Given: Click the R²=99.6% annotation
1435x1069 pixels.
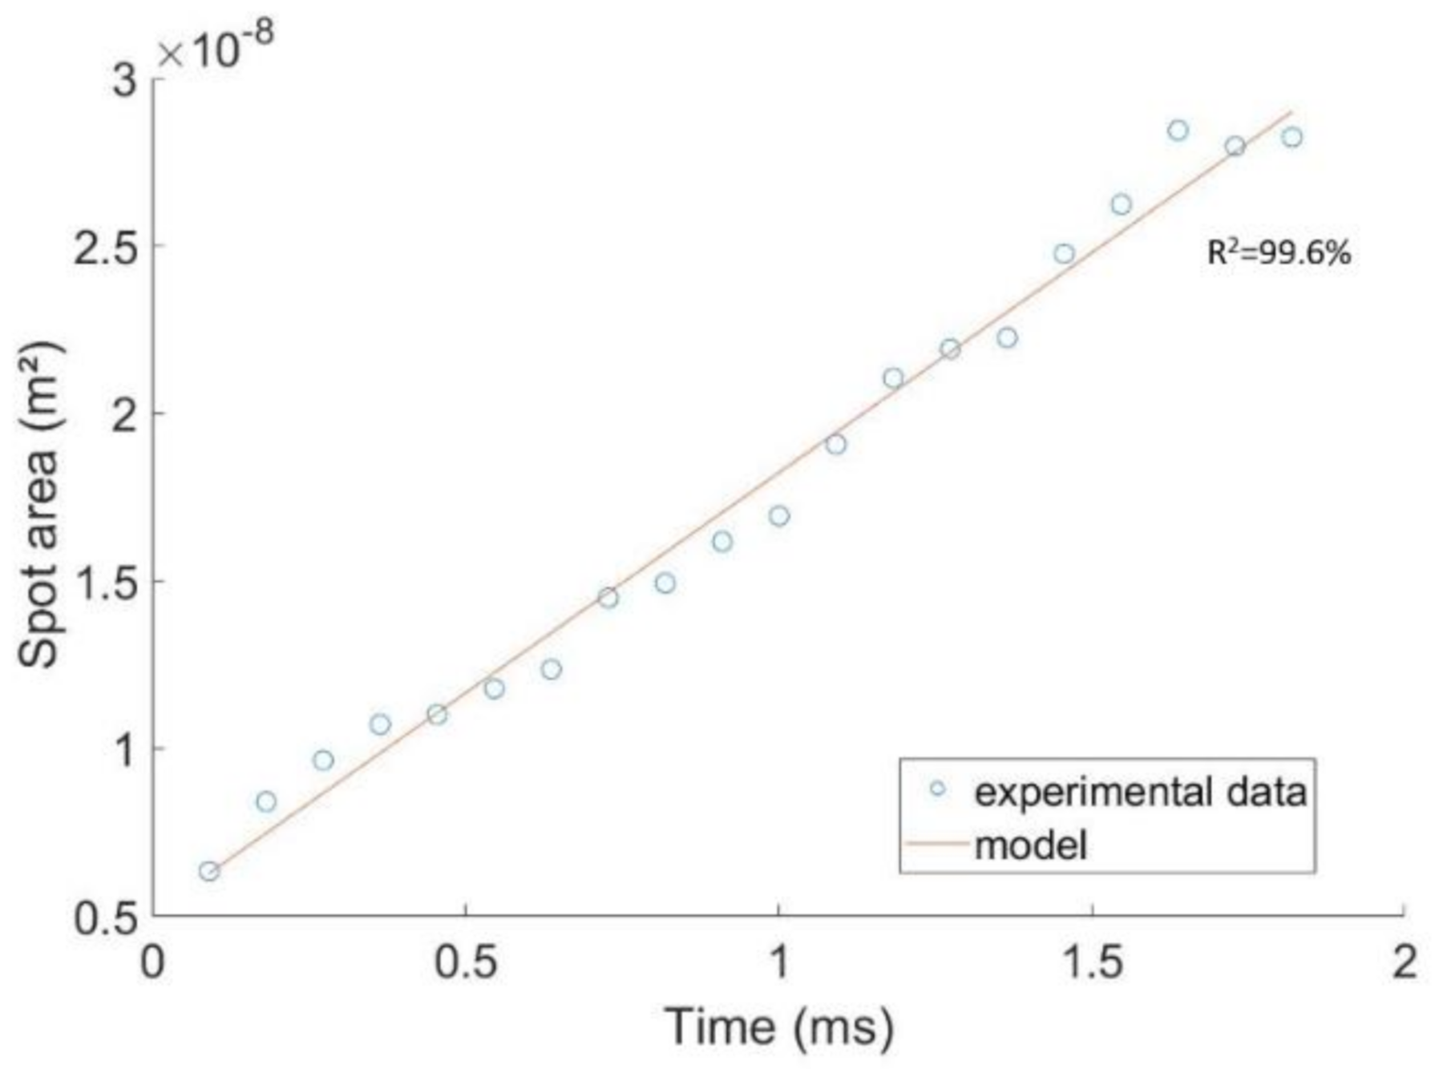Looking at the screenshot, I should (x=1279, y=253).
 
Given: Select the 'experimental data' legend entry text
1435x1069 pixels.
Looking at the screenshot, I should (x=1140, y=792).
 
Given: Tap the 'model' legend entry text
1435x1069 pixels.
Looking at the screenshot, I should (x=1031, y=845).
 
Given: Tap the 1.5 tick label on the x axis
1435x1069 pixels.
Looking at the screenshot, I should (x=1092, y=962).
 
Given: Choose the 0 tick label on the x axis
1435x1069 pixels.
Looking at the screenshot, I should (x=152, y=962).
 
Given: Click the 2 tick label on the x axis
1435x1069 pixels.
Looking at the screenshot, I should (x=1403, y=962).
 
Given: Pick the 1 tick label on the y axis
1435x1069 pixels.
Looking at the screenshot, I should (x=125, y=749).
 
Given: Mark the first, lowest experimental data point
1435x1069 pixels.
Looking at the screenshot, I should (x=209, y=871).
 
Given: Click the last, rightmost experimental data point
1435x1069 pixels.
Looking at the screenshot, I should (x=1291, y=137).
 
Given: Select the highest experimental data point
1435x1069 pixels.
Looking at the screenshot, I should (x=1178, y=130).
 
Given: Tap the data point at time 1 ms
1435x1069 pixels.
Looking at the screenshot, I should (x=779, y=516).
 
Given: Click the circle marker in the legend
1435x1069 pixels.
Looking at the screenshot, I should (x=937, y=789).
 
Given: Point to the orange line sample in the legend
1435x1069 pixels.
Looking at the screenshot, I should (x=934, y=845).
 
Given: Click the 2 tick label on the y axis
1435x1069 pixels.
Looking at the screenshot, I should (x=125, y=414).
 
